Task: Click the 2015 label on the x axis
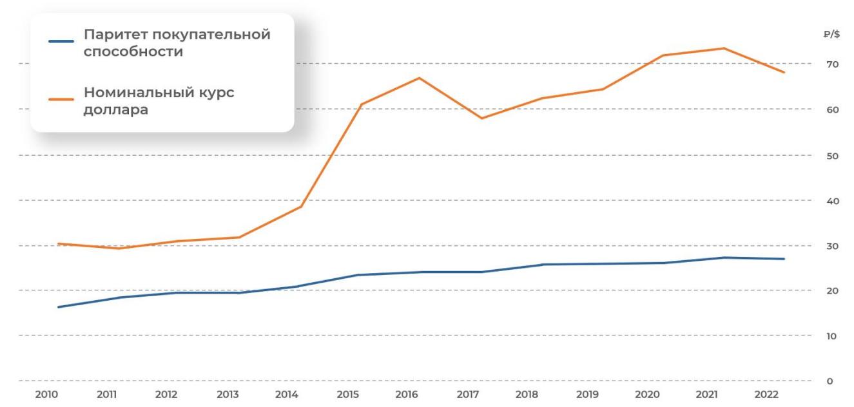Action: (347, 395)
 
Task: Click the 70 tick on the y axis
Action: (833, 64)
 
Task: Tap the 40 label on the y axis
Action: (833, 201)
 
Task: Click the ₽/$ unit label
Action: (832, 35)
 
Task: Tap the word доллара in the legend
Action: (116, 110)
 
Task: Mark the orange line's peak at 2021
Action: (724, 48)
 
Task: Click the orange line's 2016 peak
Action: (420, 78)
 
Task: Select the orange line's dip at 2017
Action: (481, 118)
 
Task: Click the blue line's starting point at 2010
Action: (58, 307)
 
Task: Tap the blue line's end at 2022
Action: (784, 259)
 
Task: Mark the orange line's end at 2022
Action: (784, 72)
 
